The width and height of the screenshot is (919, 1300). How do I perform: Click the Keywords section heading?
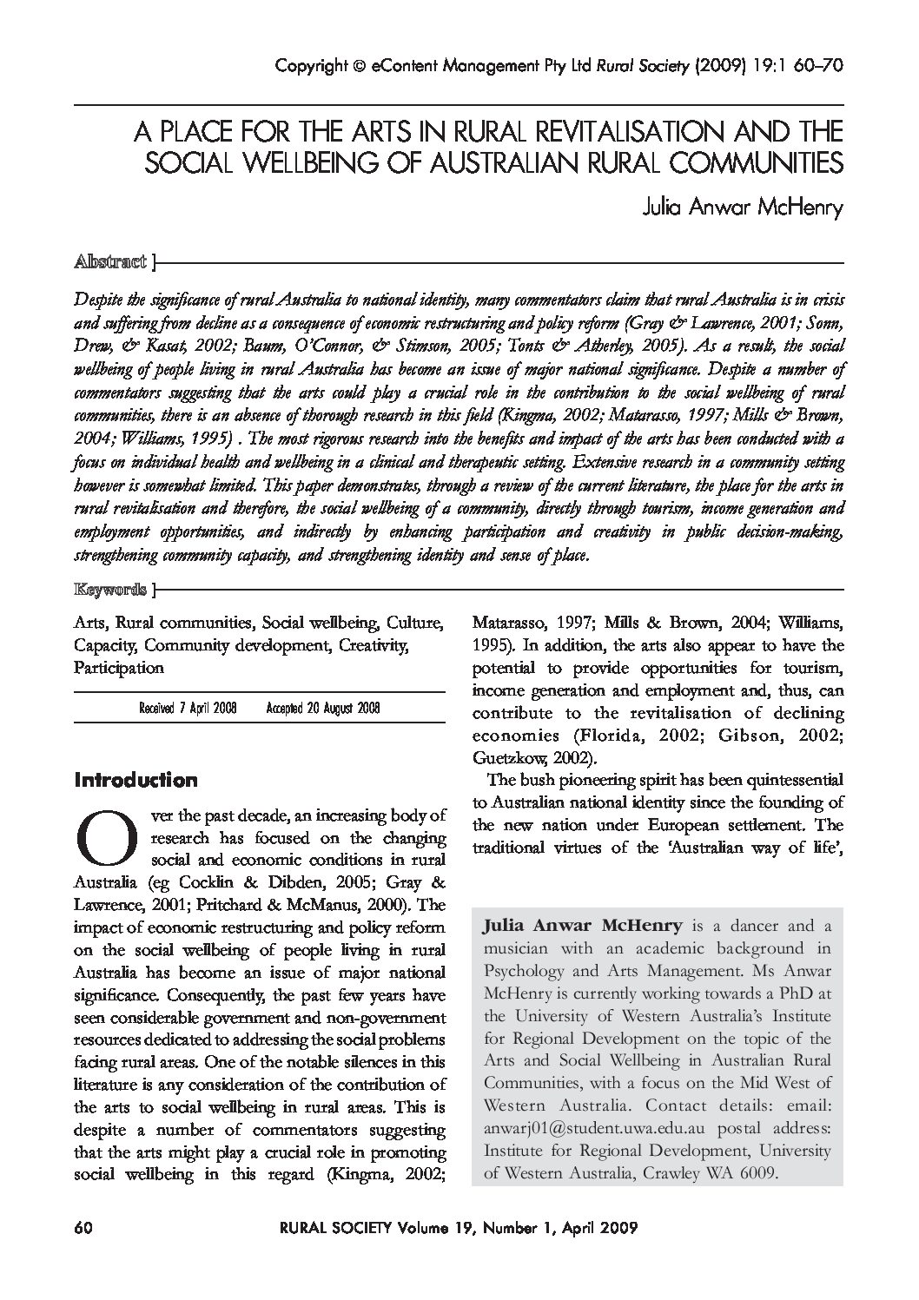110,591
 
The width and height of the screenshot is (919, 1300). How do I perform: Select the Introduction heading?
136,780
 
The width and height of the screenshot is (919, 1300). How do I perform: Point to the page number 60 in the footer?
84,1228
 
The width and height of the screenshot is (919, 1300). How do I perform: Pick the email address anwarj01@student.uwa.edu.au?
593,1128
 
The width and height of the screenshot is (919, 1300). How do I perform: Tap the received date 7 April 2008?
188,709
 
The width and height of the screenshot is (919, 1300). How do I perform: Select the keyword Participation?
118,668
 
